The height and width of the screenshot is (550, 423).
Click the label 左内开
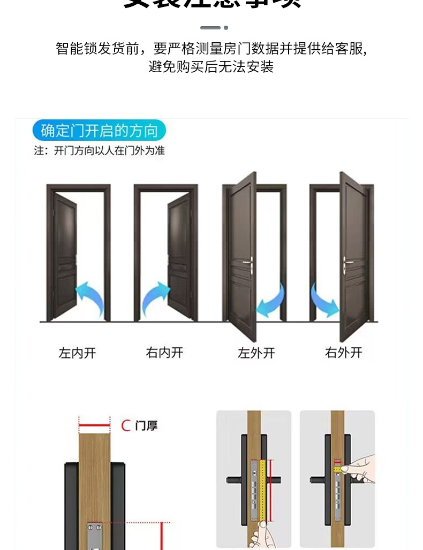78,353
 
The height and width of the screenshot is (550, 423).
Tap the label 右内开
164,353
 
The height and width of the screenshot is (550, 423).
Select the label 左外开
256,353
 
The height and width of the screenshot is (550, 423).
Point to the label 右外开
344,353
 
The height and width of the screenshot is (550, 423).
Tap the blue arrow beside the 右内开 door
155,297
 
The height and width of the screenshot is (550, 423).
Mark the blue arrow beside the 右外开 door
324,301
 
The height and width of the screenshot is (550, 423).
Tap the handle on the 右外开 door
348,262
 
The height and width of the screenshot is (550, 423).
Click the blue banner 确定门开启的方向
99,131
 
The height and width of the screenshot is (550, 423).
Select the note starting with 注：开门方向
99,151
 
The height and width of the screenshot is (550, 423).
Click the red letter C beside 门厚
126,426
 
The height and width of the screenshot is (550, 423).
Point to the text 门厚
146,426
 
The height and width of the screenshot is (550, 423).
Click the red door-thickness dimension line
94,426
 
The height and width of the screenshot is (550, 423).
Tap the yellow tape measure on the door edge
263,487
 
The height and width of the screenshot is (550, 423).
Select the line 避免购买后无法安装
211,67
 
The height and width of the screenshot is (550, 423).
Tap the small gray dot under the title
226,28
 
